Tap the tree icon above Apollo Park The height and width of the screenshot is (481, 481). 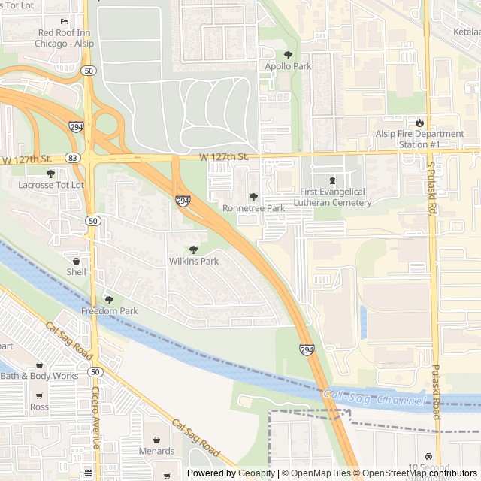pyautogui.click(x=288, y=55)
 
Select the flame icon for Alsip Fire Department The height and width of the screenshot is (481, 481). pyautogui.click(x=419, y=123)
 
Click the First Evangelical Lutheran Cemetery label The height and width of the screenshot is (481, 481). pyautogui.click(x=335, y=197)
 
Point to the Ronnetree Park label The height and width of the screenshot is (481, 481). pyautogui.click(x=253, y=208)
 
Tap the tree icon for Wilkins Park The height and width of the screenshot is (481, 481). pyautogui.click(x=194, y=250)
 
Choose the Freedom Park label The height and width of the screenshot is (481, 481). pyautogui.click(x=110, y=311)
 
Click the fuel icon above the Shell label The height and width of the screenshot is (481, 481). pyautogui.click(x=76, y=260)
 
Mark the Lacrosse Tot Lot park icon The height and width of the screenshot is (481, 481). pyautogui.click(x=50, y=174)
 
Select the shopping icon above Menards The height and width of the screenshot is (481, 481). pyautogui.click(x=156, y=440)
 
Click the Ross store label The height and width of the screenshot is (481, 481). pyautogui.click(x=39, y=407)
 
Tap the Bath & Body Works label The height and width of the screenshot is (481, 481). pyautogui.click(x=39, y=376)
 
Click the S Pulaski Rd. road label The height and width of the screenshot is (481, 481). pyautogui.click(x=431, y=188)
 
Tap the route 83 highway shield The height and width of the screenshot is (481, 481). pyautogui.click(x=72, y=158)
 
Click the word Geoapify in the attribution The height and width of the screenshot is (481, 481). pyautogui.click(x=257, y=473)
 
